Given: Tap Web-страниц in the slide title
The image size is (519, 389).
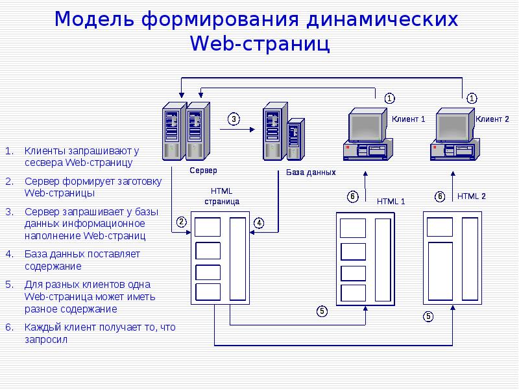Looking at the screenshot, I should coord(259,43).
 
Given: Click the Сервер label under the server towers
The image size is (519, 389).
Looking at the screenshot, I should coord(203,170).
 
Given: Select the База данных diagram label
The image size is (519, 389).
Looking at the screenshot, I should coord(311,172).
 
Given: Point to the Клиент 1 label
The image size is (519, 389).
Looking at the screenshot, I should coord(408,119).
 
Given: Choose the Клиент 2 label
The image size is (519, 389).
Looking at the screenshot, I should coord(492,119).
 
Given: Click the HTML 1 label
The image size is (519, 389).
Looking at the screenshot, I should coord(391,201).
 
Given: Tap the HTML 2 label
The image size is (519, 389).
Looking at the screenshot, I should coord(471,196).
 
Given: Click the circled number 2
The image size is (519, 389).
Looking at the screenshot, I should coord(182,222).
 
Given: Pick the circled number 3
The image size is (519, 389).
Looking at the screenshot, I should coord(234,119).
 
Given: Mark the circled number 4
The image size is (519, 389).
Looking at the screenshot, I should coord(258,223).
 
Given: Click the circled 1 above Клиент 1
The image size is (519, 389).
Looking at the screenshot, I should coord(389,99).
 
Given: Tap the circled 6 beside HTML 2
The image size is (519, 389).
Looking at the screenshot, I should coord(440,196).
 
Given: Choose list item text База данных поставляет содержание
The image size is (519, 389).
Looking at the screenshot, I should coord(82,259).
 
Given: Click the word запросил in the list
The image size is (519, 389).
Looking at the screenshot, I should coord(45,340).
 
